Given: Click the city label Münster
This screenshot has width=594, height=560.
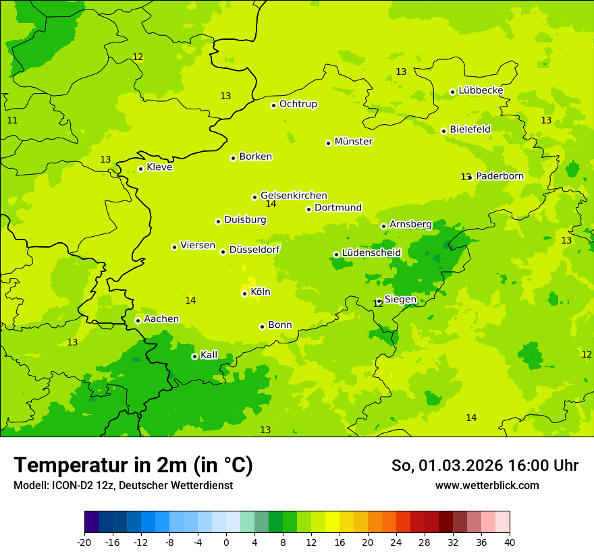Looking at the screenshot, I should (353, 142).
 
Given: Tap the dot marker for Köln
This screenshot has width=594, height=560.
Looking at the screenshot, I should (244, 293).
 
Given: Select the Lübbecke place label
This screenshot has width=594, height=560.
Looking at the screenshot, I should (481, 90).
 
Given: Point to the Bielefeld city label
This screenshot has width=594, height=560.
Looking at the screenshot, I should (470, 129).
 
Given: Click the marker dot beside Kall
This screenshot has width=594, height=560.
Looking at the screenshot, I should (194, 356).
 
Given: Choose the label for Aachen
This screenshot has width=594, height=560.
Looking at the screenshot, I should (161, 318).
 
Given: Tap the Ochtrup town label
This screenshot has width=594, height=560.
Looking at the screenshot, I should (298, 104).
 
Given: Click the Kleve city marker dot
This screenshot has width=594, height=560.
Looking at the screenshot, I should (140, 169).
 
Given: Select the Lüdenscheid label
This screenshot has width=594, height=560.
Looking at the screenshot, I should (371, 252).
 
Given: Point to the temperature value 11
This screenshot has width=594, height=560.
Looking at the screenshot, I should (12, 120).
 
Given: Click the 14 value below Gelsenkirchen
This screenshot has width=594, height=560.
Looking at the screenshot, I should (271, 204).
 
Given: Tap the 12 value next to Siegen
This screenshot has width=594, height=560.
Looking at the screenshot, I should (378, 304).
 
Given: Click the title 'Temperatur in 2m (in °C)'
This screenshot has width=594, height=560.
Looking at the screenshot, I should (133, 465).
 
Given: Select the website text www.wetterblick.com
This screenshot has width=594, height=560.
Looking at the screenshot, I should (487, 485).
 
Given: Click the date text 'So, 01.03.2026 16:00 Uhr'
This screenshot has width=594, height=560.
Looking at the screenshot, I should (485, 466).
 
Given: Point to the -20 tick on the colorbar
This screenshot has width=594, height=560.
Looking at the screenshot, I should (84, 542).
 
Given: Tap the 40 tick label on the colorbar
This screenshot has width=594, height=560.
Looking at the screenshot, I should (509, 542).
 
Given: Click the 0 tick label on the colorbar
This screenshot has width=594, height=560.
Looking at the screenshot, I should (226, 542).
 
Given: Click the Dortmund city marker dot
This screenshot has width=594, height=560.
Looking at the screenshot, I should (308, 209).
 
